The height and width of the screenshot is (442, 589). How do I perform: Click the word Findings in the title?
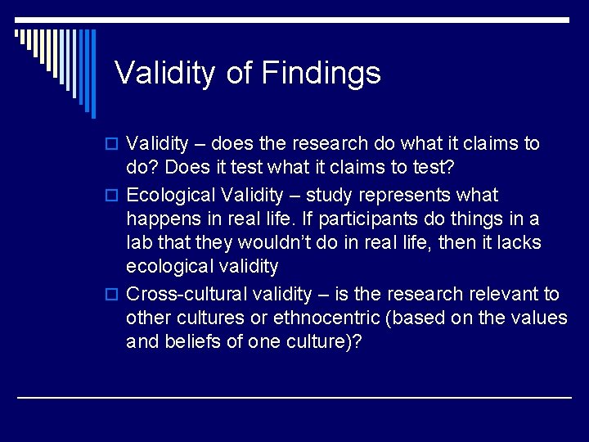tap(321, 73)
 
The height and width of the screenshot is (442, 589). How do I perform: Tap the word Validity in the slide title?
tap(166, 73)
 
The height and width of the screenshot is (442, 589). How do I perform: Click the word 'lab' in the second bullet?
tap(138, 243)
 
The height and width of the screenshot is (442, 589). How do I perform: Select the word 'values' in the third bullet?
tap(540, 318)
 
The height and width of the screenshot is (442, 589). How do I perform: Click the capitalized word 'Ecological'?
tap(169, 196)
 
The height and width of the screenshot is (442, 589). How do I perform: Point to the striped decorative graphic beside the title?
tap(57, 61)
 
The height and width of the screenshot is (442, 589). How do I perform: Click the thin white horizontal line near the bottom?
tap(294, 397)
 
